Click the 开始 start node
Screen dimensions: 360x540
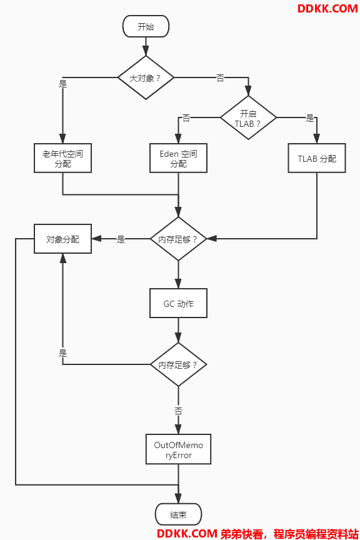(146, 26)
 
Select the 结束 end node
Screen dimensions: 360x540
(178, 514)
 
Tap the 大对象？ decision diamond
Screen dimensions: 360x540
(146, 78)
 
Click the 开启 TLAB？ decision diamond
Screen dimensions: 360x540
(248, 117)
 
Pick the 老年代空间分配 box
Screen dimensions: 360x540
(62, 158)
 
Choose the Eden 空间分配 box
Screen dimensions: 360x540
(178, 158)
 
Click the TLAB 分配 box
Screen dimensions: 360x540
(317, 158)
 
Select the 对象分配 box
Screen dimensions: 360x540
(62, 239)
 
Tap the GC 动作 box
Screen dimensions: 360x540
(178, 303)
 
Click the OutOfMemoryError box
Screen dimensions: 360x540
(178, 449)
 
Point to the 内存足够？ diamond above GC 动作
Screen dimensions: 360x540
(178, 239)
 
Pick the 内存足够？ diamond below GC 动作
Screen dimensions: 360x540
(178, 364)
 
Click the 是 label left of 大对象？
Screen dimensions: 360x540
(62, 84)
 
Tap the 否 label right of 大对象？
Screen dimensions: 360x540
(220, 78)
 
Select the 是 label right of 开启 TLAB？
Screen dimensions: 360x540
(310, 119)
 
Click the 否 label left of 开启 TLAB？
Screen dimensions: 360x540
(186, 118)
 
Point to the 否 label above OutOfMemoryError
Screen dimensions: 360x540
(178, 411)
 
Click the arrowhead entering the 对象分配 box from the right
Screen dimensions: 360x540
(96, 239)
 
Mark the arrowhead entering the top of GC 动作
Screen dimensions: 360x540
(178, 283)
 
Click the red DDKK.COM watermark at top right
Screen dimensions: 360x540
(327, 9)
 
